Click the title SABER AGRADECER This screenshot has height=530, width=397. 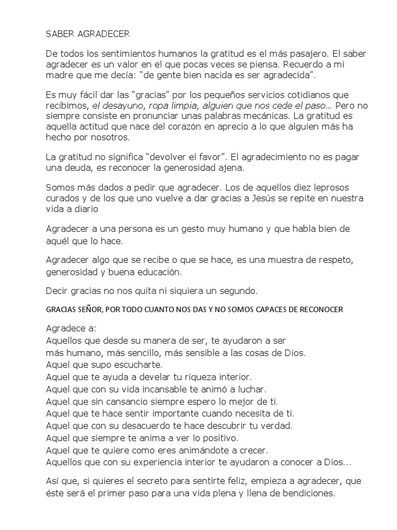pyautogui.click(x=88, y=35)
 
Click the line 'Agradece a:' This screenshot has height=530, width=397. pyautogui.click(x=67, y=329)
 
